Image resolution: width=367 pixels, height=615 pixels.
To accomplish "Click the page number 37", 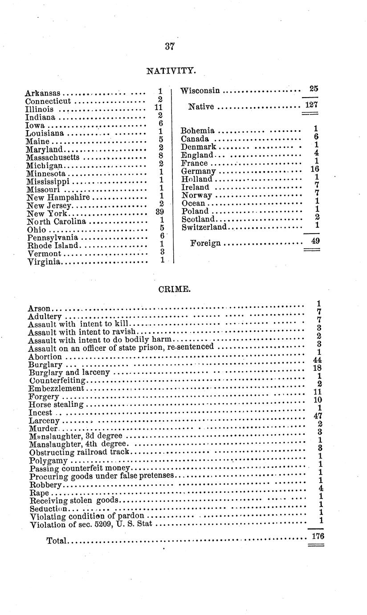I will click(169, 46).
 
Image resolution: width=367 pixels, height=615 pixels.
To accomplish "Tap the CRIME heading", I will click(175, 289).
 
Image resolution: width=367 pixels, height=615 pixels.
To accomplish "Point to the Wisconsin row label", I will click(200, 91).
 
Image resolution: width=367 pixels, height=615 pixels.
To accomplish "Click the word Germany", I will click(198, 171).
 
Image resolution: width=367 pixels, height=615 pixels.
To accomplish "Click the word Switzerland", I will click(204, 227).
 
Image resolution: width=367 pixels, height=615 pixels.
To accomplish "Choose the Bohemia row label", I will click(198, 131).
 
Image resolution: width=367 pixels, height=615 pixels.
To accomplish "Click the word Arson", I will click(39, 308).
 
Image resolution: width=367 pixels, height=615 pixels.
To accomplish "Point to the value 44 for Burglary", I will click(318, 360).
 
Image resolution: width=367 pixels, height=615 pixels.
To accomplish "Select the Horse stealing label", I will click(56, 405).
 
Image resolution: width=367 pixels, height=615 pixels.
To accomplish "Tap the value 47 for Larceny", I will click(318, 416).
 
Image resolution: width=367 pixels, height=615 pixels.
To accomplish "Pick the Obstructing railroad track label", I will click(79, 452).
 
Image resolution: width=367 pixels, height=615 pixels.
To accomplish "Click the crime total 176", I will click(317, 537).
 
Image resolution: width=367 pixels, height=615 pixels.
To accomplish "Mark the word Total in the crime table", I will click(56, 541).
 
